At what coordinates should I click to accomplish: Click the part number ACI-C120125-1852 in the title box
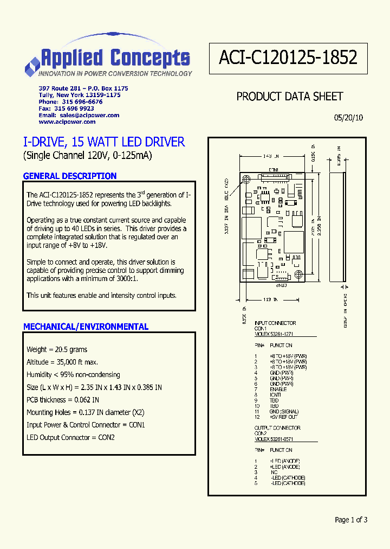pyautogui.click(x=288, y=58)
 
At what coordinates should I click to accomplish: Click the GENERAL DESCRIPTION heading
pyautogui.click(x=70, y=176)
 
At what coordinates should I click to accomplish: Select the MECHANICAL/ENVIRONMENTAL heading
pyautogui.click(x=86, y=327)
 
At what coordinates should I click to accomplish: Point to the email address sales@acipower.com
pyautogui.click(x=89, y=116)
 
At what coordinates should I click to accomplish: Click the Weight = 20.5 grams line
pyautogui.click(x=57, y=350)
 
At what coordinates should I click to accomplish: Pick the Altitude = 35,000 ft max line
pyautogui.click(x=62, y=362)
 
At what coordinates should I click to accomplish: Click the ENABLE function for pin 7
pyautogui.click(x=278, y=390)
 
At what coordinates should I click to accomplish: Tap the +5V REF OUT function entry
pyautogui.click(x=283, y=417)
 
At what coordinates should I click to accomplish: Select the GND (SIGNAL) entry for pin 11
pyautogui.click(x=284, y=412)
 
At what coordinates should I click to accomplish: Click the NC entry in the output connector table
pyautogui.click(x=274, y=473)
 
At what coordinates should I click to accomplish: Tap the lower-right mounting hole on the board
pyautogui.click(x=298, y=273)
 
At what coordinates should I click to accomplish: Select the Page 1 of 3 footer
pyautogui.click(x=351, y=520)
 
